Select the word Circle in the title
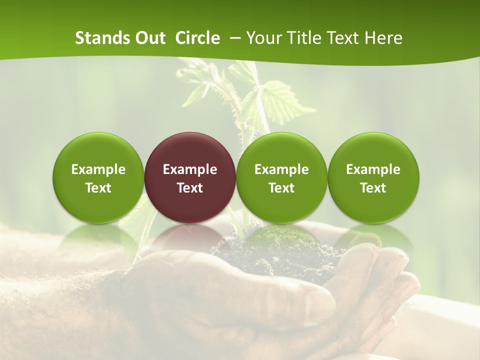click(x=197, y=38)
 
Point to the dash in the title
click(x=235, y=38)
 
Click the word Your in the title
click(x=261, y=38)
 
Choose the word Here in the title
click(x=383, y=38)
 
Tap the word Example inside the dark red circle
click(x=190, y=169)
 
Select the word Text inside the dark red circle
click(x=190, y=188)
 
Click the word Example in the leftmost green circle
click(x=98, y=169)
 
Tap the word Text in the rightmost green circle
click(x=373, y=188)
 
